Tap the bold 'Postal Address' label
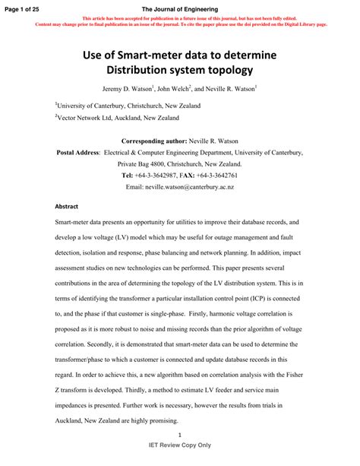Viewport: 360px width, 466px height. pos(78,153)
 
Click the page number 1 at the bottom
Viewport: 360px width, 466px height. pos(179,434)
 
